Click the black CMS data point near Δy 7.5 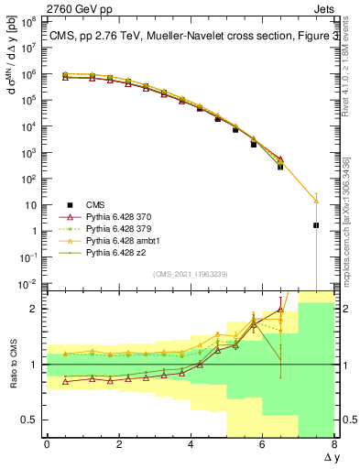[x=316, y=225]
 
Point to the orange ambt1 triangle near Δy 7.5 [x=316, y=200]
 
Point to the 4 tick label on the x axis [x=191, y=443]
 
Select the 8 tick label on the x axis [x=333, y=443]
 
